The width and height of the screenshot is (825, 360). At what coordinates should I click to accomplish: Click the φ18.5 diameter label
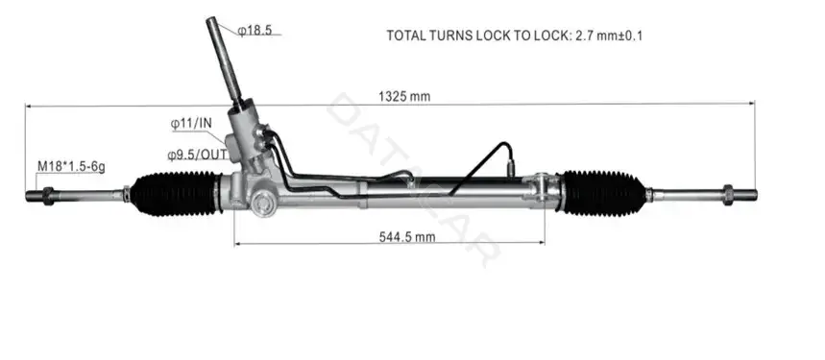(255, 30)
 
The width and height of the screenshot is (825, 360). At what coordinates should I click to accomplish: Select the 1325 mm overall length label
(404, 96)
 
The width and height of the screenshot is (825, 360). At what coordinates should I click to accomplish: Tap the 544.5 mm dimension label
(407, 237)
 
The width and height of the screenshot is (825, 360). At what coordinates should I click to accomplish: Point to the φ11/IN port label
(191, 124)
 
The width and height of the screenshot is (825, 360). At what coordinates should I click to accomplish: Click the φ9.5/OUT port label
(198, 155)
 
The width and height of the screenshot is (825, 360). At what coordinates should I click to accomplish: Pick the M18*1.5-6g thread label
(71, 167)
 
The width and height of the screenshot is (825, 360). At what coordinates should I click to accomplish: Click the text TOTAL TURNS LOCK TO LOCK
(477, 36)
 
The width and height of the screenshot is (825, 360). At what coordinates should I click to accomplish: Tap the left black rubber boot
(174, 194)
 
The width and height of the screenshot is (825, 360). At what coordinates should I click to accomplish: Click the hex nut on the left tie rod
(48, 196)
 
